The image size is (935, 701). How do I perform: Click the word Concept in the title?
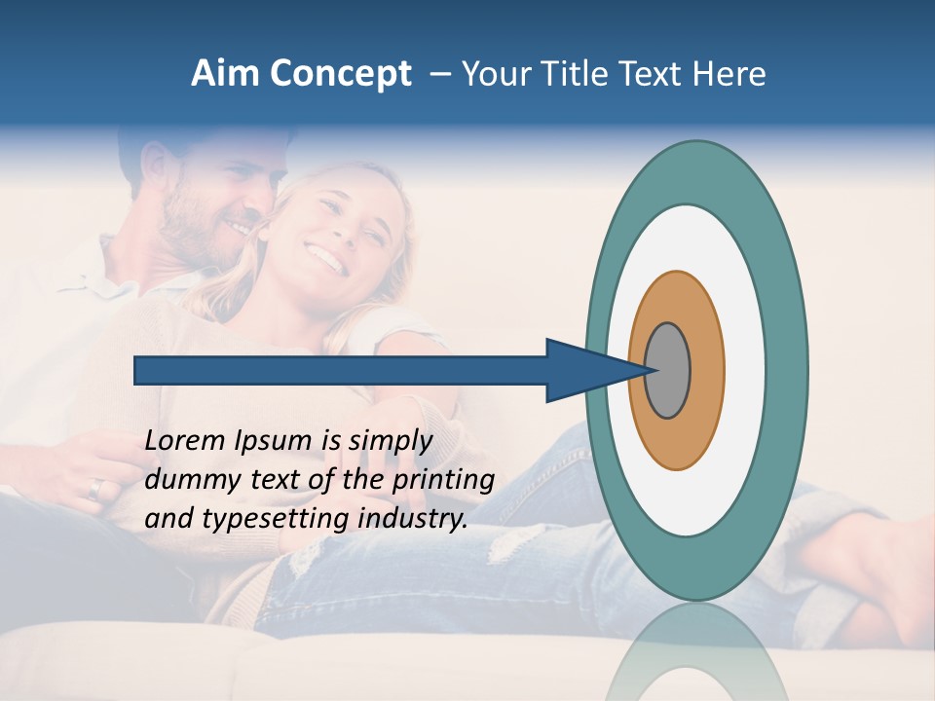[x=340, y=74]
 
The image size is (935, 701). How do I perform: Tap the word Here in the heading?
[x=730, y=73]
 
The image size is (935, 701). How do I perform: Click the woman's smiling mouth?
[x=327, y=259]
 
